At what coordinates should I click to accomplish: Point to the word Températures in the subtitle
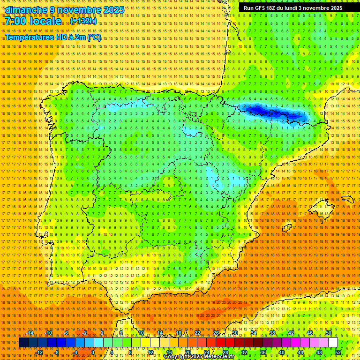(29, 37)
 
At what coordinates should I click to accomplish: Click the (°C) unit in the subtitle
(94, 37)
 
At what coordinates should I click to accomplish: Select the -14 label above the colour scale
(30, 333)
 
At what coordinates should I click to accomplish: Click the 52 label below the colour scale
(338, 352)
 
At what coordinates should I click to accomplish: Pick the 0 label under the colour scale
(93, 352)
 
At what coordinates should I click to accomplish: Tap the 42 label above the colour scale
(290, 333)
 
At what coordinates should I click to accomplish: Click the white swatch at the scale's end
(333, 343)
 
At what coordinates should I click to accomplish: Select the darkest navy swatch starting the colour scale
(23, 343)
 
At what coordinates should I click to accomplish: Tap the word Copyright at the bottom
(177, 357)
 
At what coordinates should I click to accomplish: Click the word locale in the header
(47, 22)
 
